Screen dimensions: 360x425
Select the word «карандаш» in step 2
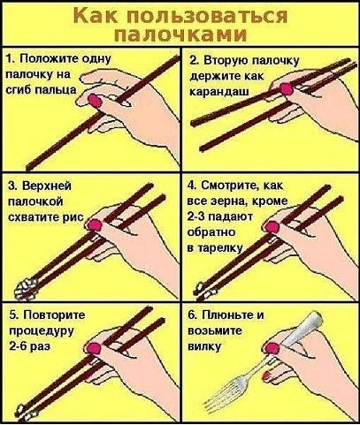(219, 92)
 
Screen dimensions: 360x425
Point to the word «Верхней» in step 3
(47, 186)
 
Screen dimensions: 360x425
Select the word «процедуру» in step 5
(42, 331)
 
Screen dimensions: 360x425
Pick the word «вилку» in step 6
(204, 346)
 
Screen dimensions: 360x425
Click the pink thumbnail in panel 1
(96, 101)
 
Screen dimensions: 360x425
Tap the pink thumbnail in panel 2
(287, 89)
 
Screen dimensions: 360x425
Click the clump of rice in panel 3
(26, 288)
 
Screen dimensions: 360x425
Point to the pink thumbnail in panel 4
(272, 227)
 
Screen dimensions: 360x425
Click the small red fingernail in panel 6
(266, 375)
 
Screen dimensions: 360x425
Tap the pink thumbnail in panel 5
(95, 349)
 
